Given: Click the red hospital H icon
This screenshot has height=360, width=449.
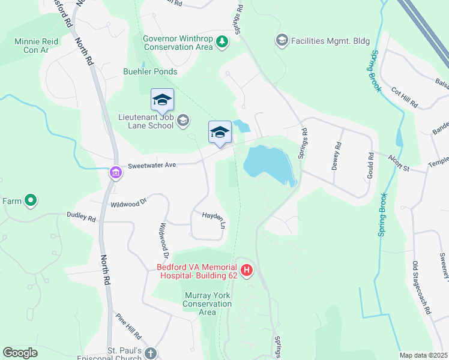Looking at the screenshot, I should tap(247, 271).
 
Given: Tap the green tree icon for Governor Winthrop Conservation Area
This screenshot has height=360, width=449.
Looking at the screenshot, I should tap(223, 41).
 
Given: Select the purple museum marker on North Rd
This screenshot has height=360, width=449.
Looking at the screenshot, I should tap(115, 173).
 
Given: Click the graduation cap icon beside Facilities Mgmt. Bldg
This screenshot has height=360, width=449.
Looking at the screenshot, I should tap(281, 40).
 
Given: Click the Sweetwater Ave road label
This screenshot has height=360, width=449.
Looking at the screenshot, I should tap(151, 165).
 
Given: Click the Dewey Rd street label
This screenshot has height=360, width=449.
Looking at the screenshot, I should tap(337, 155).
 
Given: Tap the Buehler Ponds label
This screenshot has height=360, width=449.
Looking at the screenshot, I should tap(151, 71).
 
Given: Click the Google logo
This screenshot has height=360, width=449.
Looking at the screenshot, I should tap(20, 353).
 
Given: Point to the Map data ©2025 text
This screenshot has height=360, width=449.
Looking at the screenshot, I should tap(423, 355).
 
